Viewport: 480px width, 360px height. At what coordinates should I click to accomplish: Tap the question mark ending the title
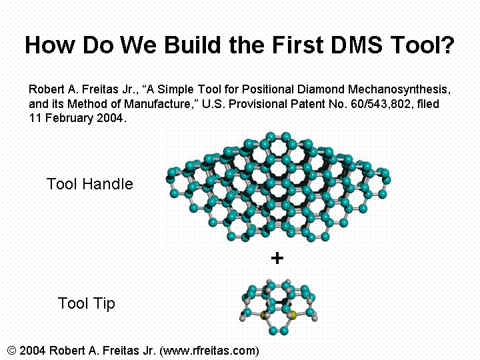pyautogui.click(x=448, y=45)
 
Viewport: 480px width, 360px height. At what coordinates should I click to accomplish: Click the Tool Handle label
pyautogui.click(x=90, y=184)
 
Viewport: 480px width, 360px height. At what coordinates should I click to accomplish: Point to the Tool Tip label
pyautogui.click(x=86, y=303)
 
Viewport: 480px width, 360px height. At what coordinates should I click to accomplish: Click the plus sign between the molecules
pyautogui.click(x=277, y=258)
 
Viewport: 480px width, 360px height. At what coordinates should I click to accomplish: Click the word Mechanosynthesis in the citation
pyautogui.click(x=399, y=89)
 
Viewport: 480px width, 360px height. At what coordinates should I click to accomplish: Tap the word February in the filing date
pyautogui.click(x=69, y=118)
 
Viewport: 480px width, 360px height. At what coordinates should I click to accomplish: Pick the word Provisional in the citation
pyautogui.click(x=258, y=104)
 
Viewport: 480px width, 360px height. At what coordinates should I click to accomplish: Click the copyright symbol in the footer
pyautogui.click(x=11, y=350)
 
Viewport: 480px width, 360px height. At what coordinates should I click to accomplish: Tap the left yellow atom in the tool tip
pyautogui.click(x=263, y=315)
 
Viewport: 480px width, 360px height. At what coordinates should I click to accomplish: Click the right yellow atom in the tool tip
pyautogui.click(x=293, y=315)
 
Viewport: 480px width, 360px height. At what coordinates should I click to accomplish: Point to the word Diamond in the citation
pyautogui.click(x=321, y=89)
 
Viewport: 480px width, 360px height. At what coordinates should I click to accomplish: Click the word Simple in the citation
pyautogui.click(x=175, y=89)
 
